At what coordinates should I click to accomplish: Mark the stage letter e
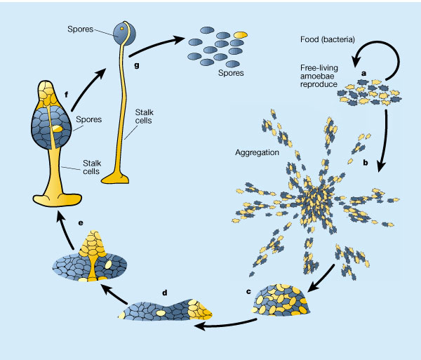[81, 222]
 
